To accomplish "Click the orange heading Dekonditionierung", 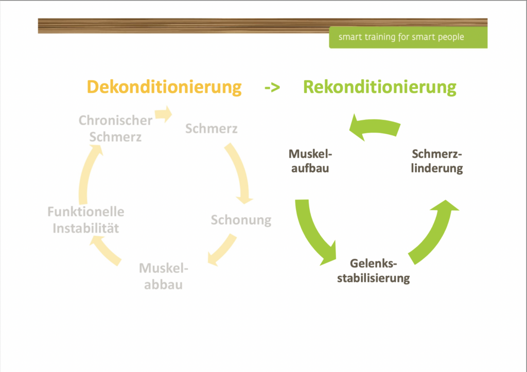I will (x=164, y=86).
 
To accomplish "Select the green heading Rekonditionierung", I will (x=379, y=86).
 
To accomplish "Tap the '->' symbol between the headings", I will (x=272, y=87).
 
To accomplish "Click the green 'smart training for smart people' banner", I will (x=408, y=38).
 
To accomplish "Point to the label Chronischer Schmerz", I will (x=115, y=128).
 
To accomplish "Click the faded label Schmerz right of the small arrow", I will (x=212, y=128).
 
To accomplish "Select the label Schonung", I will (x=241, y=220).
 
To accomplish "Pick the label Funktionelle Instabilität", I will (x=86, y=220).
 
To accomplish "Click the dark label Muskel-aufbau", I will (x=310, y=161).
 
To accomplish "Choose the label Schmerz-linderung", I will (x=437, y=161).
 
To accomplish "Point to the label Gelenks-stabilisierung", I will (x=374, y=271).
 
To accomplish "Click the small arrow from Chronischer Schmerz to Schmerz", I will (x=163, y=114).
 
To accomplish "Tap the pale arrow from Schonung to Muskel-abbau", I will (x=222, y=250).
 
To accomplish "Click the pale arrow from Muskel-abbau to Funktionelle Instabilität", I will (x=106, y=252).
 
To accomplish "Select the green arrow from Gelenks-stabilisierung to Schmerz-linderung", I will (x=435, y=229).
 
